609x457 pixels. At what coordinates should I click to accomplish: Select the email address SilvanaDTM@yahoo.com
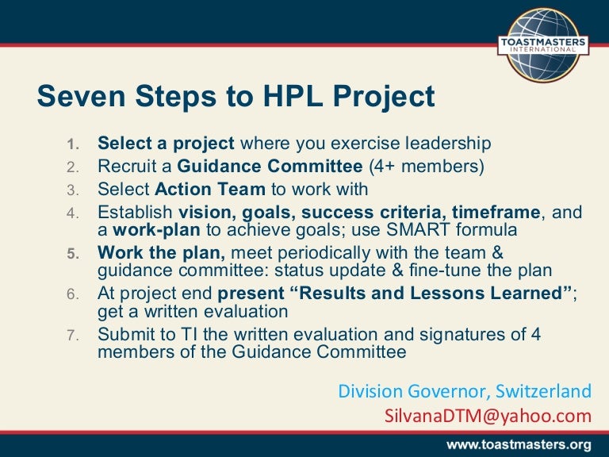point(488,416)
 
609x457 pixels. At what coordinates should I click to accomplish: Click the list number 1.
point(72,144)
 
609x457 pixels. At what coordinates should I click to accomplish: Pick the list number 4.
point(72,213)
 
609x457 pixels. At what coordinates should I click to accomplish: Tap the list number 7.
point(72,335)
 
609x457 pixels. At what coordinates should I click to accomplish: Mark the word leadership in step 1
point(440,144)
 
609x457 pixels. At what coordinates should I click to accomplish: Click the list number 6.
point(72,294)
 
